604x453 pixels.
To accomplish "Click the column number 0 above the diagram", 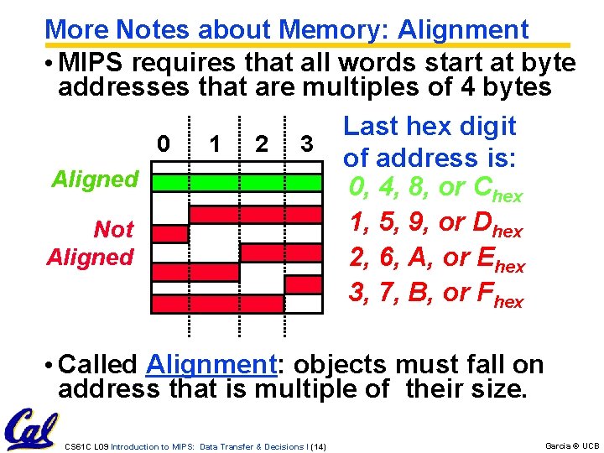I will tap(164, 143).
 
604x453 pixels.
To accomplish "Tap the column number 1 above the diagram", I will tap(216, 143).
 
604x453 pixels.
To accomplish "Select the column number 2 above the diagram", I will tap(262, 143).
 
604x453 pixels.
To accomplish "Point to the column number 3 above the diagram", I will tap(308, 143).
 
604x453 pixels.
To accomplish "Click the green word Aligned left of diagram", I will tap(95, 179).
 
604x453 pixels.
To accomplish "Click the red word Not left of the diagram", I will tap(113, 229).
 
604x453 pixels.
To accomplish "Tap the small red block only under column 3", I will tap(304, 284).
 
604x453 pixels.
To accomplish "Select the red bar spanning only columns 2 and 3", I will tap(281, 252).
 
